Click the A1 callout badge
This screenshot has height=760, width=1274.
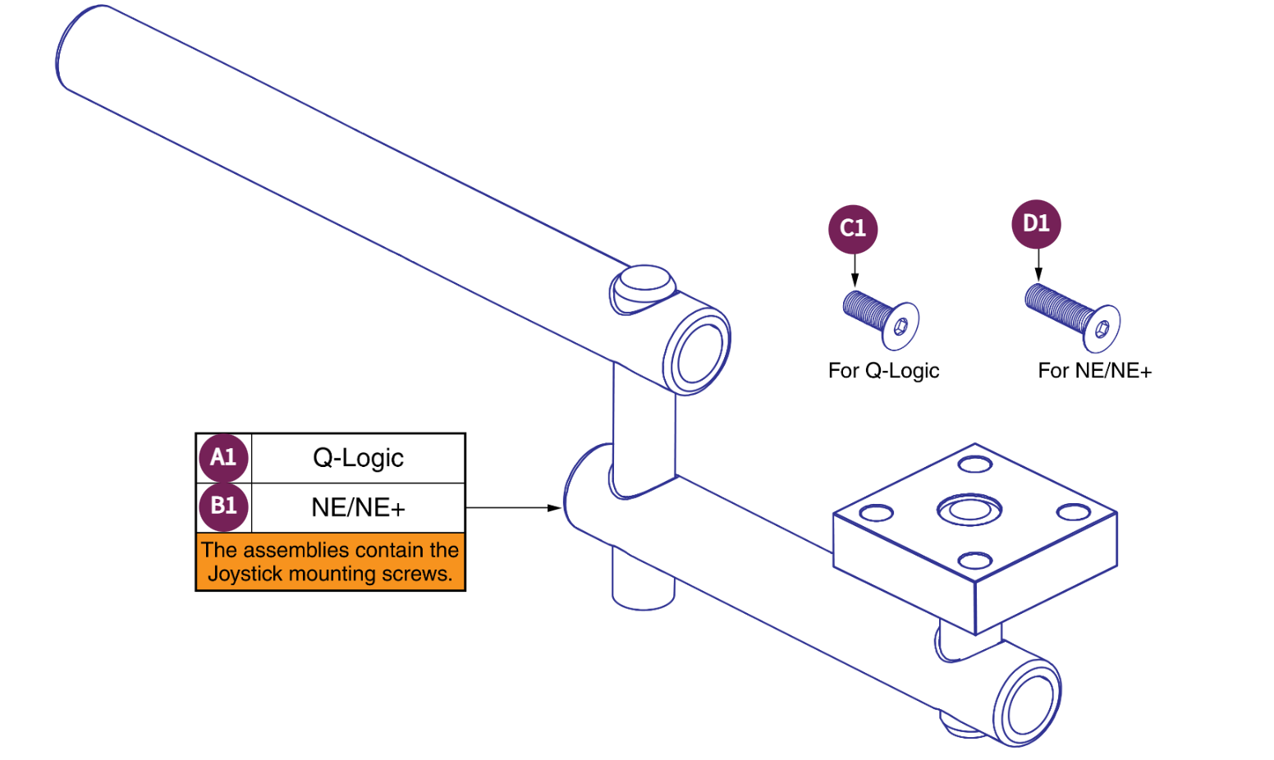tap(223, 457)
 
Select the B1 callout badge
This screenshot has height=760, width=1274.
tap(223, 506)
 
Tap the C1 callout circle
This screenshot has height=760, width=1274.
tap(853, 228)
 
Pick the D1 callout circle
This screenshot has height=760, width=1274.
tap(1036, 223)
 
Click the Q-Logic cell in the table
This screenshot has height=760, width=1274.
tap(358, 458)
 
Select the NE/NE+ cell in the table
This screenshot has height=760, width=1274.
tap(358, 508)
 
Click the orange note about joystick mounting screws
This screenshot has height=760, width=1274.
tap(330, 561)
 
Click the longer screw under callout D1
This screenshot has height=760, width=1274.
tap(1072, 317)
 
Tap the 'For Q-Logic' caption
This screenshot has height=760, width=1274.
tap(883, 371)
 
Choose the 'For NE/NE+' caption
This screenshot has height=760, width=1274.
tap(1094, 371)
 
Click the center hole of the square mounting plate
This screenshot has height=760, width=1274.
tap(969, 510)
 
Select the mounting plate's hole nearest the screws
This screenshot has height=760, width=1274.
tap(975, 465)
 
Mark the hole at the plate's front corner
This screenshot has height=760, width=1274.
tap(974, 561)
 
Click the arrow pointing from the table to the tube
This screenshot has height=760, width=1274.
tap(513, 508)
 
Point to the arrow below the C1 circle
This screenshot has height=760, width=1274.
tap(855, 271)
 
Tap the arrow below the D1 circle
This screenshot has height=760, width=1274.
tap(1038, 266)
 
